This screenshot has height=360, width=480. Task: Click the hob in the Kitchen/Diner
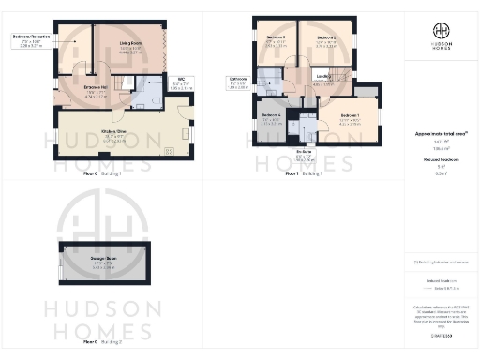[x=170, y=151]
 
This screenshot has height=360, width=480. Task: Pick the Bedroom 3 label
[x=276, y=40]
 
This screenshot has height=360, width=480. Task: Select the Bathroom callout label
[x=236, y=81]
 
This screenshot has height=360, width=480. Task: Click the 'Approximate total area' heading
[x=441, y=135]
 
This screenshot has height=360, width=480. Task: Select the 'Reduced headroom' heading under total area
[x=440, y=160]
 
